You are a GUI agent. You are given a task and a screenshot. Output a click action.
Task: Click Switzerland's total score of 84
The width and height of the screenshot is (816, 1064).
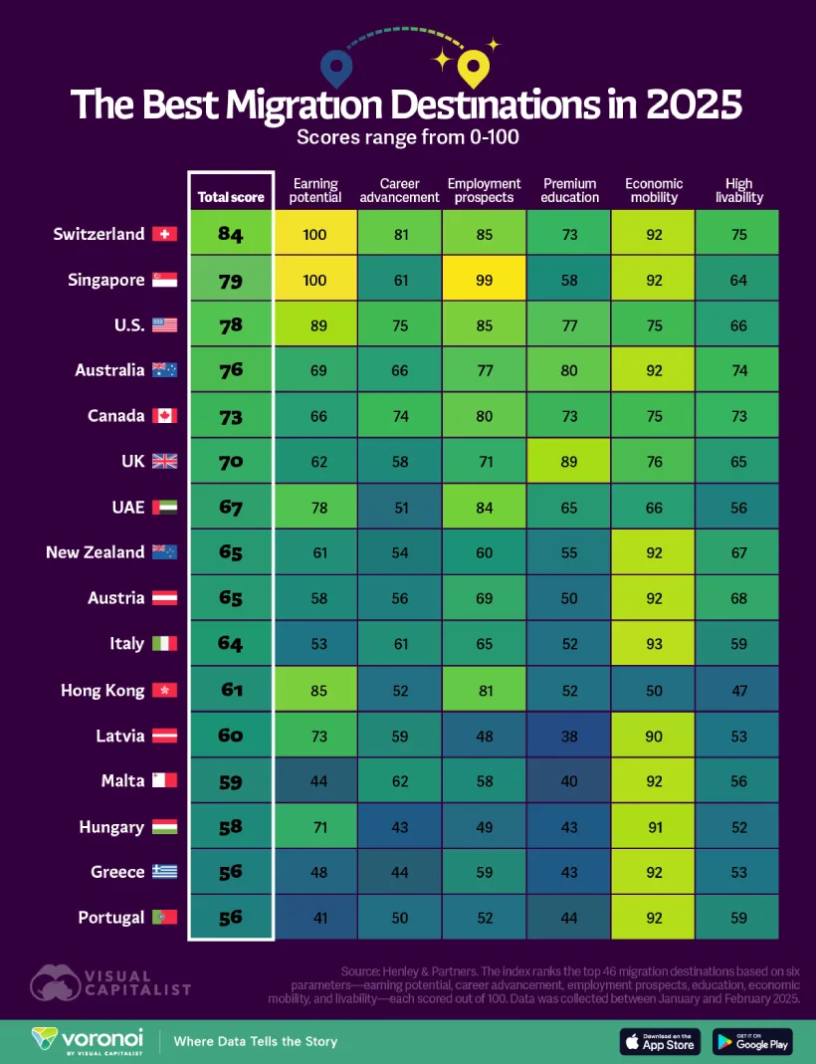(x=231, y=235)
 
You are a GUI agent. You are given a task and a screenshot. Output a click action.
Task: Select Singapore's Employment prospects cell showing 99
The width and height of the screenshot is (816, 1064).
(x=484, y=281)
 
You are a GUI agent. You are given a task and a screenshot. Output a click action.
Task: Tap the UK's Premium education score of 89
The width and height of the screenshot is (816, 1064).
(x=569, y=462)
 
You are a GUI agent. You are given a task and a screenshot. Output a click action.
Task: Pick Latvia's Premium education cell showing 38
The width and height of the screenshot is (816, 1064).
(x=569, y=737)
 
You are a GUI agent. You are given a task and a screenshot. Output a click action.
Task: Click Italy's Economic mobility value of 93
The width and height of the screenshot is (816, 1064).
(x=654, y=644)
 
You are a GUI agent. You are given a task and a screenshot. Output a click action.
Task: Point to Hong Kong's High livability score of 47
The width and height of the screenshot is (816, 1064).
(x=738, y=690)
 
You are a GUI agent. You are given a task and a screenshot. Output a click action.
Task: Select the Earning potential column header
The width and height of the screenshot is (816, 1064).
(x=315, y=190)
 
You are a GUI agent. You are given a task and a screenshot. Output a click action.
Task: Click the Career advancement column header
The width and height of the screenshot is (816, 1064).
(x=400, y=190)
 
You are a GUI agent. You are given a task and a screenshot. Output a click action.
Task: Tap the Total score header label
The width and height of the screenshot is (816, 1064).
(x=231, y=197)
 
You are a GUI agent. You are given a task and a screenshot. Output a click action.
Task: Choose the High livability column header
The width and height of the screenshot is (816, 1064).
(x=738, y=190)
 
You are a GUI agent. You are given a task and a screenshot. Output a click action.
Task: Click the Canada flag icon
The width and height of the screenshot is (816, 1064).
(x=164, y=416)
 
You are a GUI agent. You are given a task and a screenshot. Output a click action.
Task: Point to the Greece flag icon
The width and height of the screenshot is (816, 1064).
(x=164, y=872)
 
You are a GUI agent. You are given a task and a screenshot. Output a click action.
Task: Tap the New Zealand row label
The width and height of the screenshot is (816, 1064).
(x=96, y=552)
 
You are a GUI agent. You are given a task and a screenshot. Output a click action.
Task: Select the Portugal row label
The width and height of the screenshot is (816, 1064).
(x=111, y=918)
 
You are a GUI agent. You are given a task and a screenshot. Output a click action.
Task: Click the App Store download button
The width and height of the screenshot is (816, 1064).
(x=661, y=1041)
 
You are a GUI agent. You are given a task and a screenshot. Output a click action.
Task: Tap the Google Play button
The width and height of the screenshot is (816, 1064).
(x=751, y=1041)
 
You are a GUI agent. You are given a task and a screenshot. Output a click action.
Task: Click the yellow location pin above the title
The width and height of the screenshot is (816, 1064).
(x=472, y=68)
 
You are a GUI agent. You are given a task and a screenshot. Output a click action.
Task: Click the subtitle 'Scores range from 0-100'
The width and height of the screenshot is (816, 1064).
(x=407, y=137)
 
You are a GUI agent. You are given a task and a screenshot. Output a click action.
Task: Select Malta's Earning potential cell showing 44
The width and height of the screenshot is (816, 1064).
(x=315, y=781)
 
